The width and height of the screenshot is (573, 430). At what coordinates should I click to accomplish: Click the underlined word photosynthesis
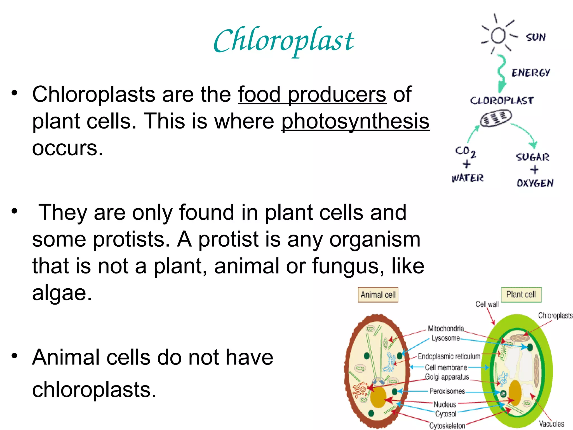355,121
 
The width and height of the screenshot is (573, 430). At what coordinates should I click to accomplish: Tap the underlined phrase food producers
312,94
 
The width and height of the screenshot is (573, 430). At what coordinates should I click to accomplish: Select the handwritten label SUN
536,37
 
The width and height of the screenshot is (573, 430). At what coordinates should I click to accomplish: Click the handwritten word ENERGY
530,73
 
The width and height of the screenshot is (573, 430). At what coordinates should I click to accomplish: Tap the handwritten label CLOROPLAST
502,101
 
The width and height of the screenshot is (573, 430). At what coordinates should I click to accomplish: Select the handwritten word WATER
467,178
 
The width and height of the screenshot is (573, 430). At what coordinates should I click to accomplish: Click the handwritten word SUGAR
532,157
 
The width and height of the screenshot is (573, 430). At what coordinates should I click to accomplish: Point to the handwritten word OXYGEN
535,183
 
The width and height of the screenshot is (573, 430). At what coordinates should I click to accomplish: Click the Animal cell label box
378,295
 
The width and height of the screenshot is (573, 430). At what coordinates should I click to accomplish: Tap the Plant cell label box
521,295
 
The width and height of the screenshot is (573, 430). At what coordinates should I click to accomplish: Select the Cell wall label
487,304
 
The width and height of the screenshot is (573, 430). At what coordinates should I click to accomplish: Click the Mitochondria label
446,328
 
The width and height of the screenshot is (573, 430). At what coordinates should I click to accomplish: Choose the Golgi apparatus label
447,377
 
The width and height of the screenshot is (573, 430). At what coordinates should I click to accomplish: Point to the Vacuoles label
551,424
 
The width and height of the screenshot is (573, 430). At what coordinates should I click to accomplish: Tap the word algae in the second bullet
62,293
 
